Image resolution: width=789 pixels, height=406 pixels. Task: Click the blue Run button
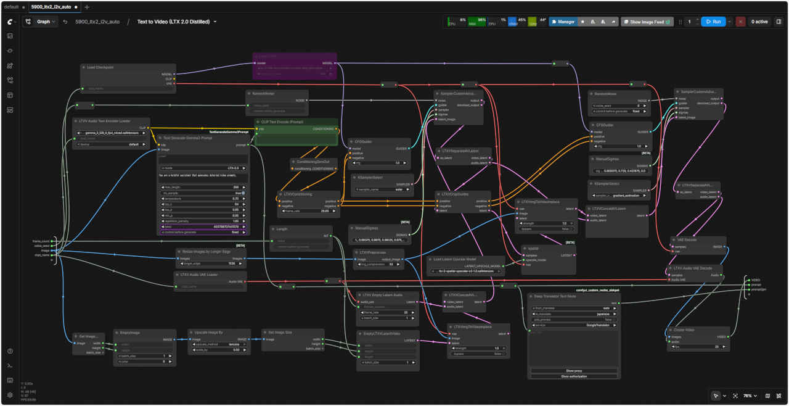point(713,22)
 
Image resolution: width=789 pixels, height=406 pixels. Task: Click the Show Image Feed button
point(646,22)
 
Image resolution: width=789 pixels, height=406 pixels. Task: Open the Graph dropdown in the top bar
point(40,22)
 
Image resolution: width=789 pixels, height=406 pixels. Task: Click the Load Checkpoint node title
point(100,67)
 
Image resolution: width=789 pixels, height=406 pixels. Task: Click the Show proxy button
point(574,371)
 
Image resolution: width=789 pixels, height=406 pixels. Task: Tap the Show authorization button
point(574,376)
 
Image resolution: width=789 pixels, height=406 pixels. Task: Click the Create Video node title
point(684,330)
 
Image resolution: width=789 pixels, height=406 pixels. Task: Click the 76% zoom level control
point(747,396)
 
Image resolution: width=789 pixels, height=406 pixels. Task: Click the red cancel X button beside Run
point(740,22)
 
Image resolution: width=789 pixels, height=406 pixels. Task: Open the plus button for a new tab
point(87,7)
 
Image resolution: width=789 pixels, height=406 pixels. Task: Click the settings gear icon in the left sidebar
point(10,395)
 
